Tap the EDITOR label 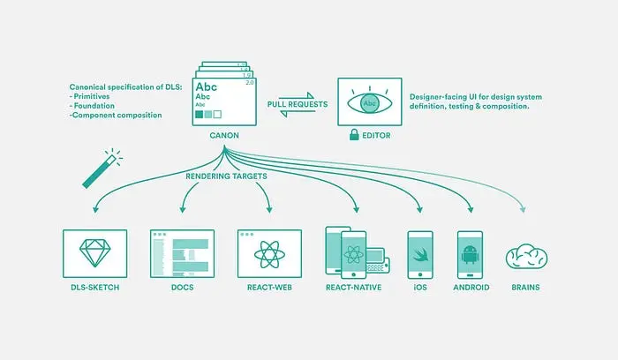point(375,135)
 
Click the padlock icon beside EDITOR point(353,135)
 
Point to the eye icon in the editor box point(372,101)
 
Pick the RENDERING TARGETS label point(226,176)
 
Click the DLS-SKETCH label point(94,287)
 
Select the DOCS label point(182,287)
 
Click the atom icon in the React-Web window point(268,254)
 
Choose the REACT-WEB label point(269,287)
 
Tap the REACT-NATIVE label point(353,287)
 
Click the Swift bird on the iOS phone point(419,254)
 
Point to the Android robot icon point(469,255)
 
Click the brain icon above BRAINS point(526,255)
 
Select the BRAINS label point(526,287)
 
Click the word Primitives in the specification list point(98,96)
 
